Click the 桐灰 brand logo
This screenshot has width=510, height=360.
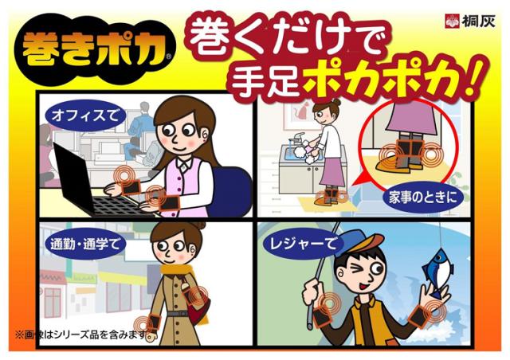pos(470,21)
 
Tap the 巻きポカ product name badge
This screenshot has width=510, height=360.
pos(95,49)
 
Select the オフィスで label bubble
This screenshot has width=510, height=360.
pos(85,115)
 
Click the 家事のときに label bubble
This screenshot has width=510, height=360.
pos(423,197)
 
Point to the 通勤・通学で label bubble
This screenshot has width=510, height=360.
pos(85,244)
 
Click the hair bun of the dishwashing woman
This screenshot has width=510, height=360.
pos(336,102)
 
